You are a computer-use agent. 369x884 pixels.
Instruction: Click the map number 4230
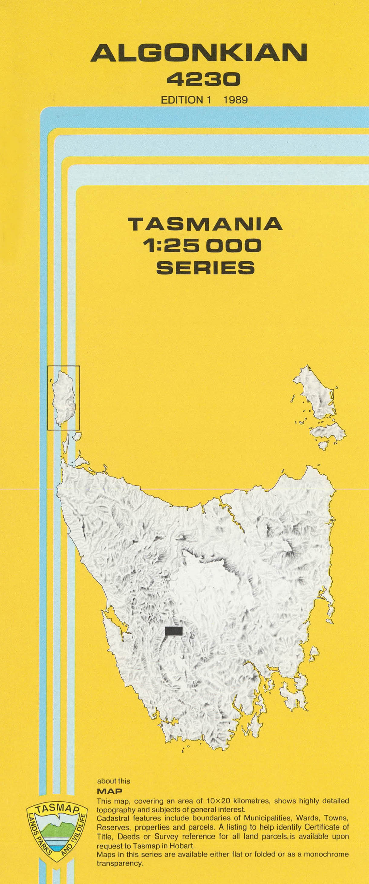203,80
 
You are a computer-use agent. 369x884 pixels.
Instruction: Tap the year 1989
235,100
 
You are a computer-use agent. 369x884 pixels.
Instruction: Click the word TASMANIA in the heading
205,224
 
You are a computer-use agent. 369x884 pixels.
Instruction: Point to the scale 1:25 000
203,246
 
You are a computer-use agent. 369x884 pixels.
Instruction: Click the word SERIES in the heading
205,267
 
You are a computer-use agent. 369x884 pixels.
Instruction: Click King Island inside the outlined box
64,398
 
